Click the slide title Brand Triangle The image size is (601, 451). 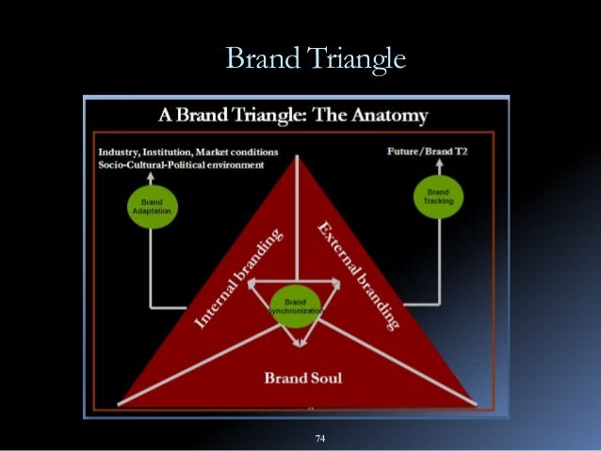click(x=316, y=58)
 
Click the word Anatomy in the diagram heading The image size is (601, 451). click(x=386, y=116)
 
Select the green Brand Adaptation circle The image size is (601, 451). click(x=150, y=206)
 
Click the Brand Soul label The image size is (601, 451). click(x=302, y=379)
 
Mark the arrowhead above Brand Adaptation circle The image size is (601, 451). click(x=151, y=175)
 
